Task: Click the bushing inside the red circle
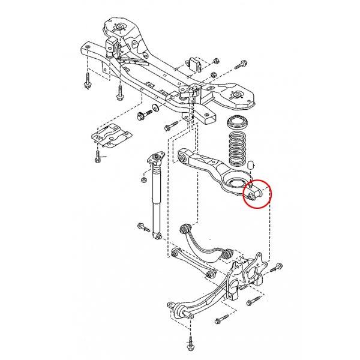pos(250,195)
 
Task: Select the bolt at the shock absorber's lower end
pos(143,227)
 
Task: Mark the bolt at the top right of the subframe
pos(242,64)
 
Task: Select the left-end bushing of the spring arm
pos(184,158)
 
